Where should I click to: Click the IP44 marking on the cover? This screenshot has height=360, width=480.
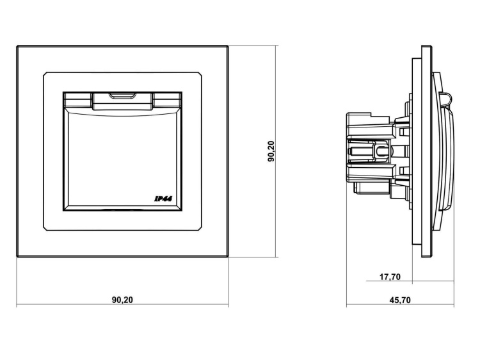(163, 199)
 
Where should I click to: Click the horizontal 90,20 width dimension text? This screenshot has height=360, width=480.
(122, 300)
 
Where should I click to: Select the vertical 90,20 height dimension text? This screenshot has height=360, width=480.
(271, 151)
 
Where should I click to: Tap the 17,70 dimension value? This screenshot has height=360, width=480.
(390, 277)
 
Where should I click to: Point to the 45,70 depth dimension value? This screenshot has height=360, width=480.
(400, 300)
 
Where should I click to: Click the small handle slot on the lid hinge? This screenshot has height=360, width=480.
(122, 96)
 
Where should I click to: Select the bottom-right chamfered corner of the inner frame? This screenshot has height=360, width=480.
(200, 229)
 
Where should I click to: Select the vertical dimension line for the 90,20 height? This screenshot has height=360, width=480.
(276, 151)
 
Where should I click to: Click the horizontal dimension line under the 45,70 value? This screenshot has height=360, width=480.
(400, 305)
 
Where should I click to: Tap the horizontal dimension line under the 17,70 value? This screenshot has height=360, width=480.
(410, 281)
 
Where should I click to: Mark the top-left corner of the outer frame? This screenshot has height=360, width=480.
(17, 46)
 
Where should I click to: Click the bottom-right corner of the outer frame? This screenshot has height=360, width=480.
(228, 256)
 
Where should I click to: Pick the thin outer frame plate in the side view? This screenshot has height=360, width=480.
(427, 151)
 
